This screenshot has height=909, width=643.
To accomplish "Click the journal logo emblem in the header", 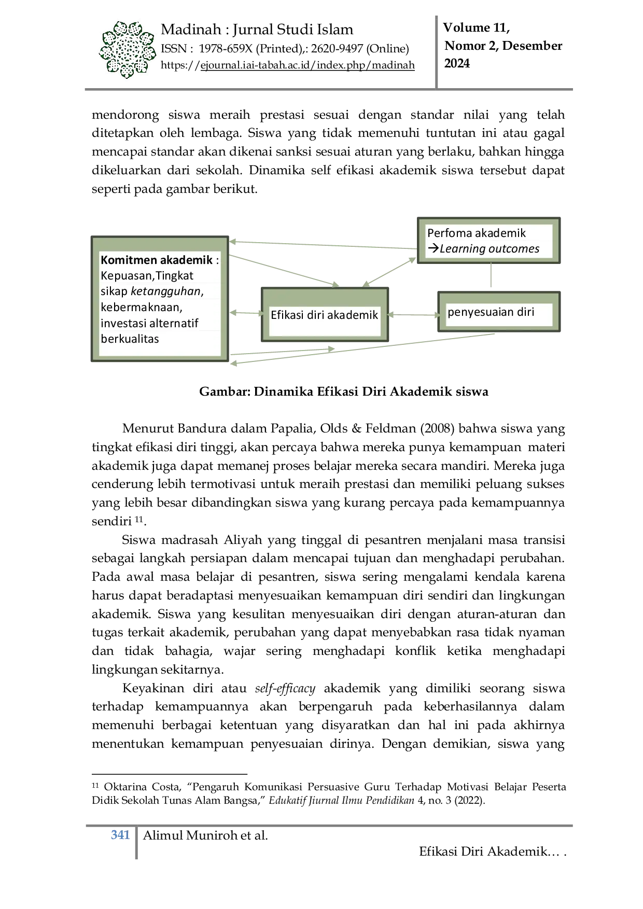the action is pyautogui.click(x=127, y=50).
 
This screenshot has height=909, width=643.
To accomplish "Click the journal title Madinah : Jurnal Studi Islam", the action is pyautogui.click(x=257, y=30).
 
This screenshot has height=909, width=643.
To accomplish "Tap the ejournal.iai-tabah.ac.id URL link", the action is pyautogui.click(x=307, y=65).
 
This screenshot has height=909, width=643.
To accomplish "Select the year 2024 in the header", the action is pyautogui.click(x=457, y=63).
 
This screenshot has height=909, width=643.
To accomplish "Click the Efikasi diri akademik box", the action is pyautogui.click(x=325, y=314).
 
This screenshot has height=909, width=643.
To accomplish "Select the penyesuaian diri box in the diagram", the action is pyautogui.click(x=499, y=312).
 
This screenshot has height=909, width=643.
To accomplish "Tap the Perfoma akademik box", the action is pyautogui.click(x=488, y=241).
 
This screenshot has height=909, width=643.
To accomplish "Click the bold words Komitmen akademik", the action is pyautogui.click(x=157, y=260).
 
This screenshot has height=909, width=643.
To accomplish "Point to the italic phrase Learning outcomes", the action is pyautogui.click(x=490, y=249).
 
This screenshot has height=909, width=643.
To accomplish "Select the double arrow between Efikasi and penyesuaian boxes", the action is pyautogui.click(x=413, y=315).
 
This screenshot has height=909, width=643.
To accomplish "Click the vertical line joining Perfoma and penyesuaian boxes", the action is pyautogui.click(x=491, y=275).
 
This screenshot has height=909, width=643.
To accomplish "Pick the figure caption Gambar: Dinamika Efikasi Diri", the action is pyautogui.click(x=343, y=391).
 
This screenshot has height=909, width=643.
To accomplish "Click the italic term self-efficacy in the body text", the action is pyautogui.click(x=285, y=689).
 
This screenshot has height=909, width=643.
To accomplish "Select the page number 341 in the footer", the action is pyautogui.click(x=120, y=835).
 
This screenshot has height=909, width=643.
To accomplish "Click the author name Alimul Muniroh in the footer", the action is pyautogui.click(x=191, y=835).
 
